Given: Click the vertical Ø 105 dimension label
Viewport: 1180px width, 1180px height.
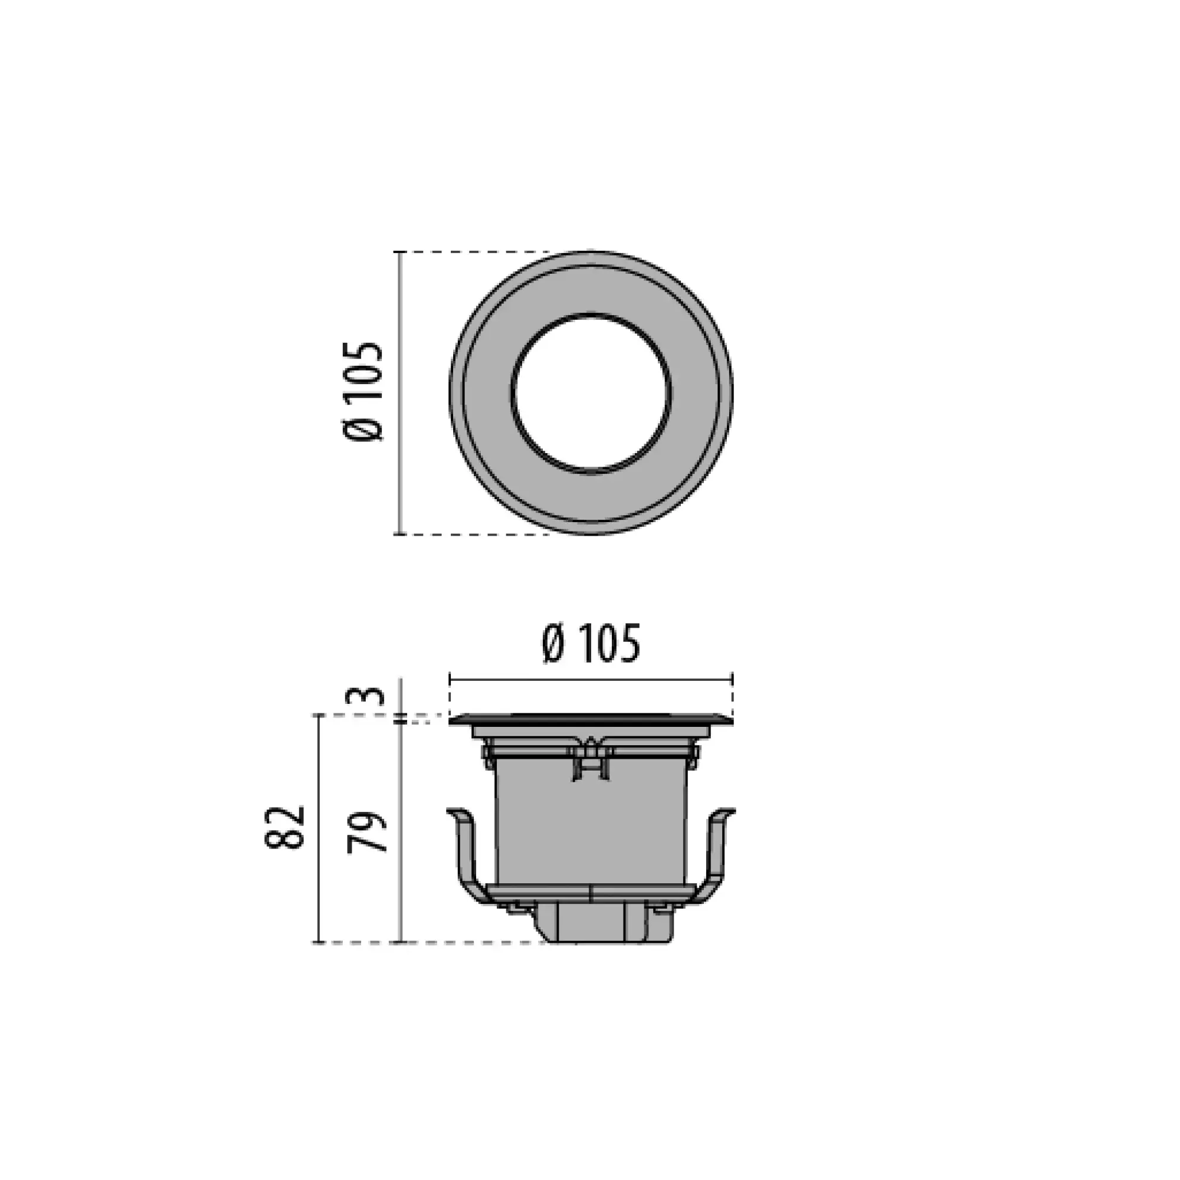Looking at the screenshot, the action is click(x=363, y=392).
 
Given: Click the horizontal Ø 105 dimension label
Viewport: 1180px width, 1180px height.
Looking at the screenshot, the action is click(x=591, y=643).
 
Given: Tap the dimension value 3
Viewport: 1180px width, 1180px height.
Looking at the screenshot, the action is click(x=372, y=696).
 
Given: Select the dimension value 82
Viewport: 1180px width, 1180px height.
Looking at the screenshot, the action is click(x=284, y=828).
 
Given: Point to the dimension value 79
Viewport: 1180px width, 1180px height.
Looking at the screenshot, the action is click(x=367, y=832).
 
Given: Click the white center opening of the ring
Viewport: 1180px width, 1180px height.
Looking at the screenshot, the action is click(x=591, y=394).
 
